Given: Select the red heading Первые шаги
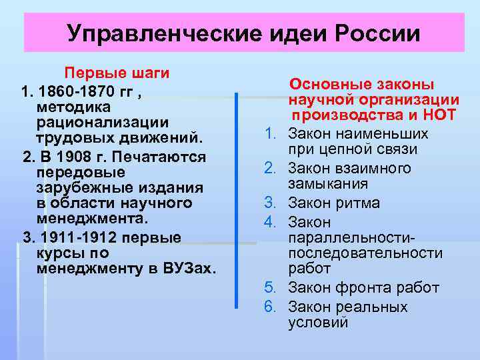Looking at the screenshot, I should [116, 72].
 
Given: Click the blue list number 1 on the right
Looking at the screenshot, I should [269, 133].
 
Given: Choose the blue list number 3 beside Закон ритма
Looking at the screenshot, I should [269, 203].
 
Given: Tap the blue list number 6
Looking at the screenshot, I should [269, 307].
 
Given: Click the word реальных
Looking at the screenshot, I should [372, 307].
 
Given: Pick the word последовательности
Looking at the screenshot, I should [365, 253].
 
